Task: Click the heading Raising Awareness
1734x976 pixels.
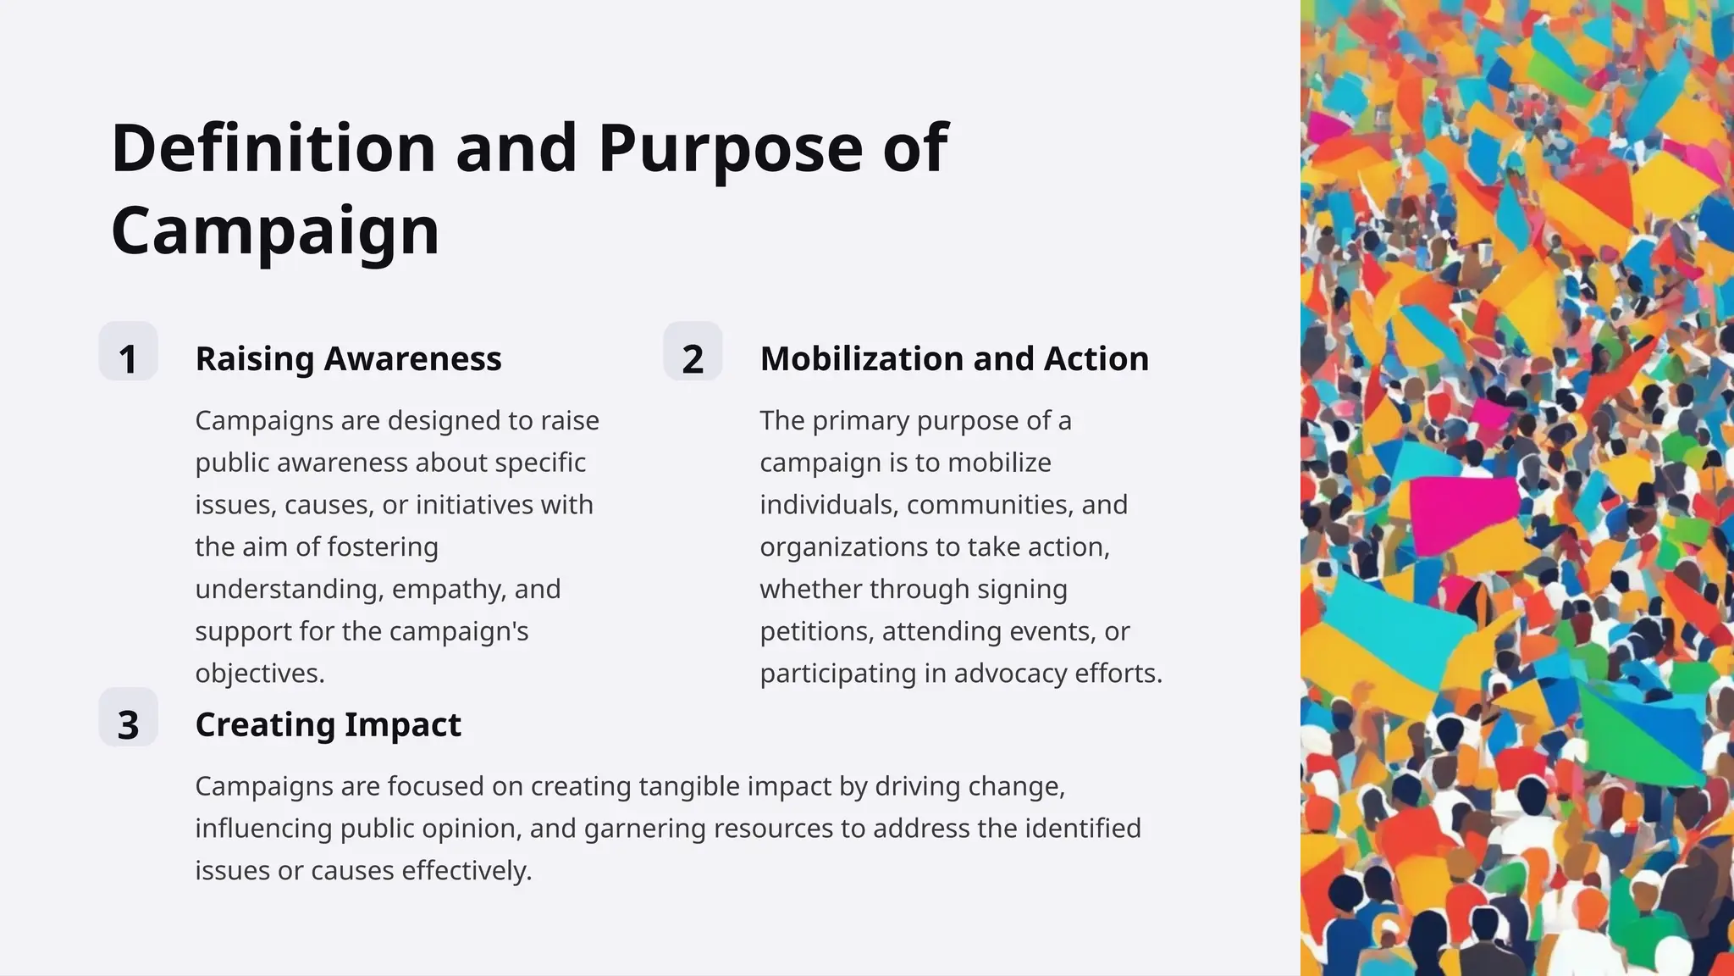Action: tap(348, 358)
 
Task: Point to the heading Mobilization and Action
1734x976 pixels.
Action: tap(954, 358)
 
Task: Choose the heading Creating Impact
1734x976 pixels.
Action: tap(328, 724)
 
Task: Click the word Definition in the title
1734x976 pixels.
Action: tap(273, 148)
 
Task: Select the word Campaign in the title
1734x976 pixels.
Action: tap(275, 230)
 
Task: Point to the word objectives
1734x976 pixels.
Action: tap(259, 674)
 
